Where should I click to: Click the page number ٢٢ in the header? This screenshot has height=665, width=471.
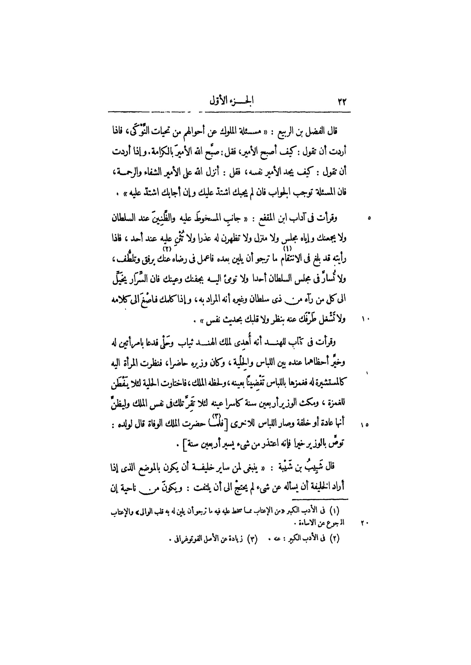click(x=341, y=102)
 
